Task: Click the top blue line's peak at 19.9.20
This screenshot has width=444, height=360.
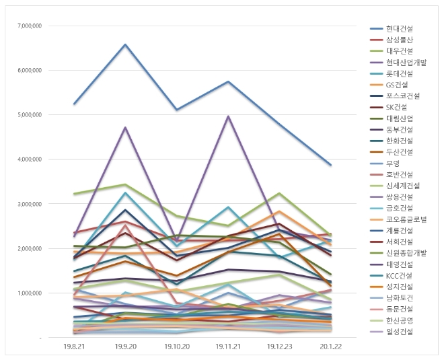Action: click(x=125, y=44)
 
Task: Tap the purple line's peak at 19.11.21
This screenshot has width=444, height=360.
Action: click(x=228, y=116)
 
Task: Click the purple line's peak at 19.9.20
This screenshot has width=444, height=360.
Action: click(x=125, y=127)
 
